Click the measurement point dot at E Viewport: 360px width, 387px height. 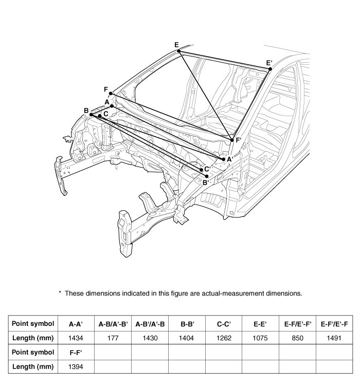pyautogui.click(x=179, y=51)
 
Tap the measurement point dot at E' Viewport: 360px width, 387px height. pyautogui.click(x=270, y=69)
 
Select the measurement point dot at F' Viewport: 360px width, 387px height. pyautogui.click(x=232, y=140)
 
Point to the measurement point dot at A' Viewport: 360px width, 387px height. pyautogui.click(x=223, y=159)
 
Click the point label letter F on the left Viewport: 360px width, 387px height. pyautogui.click(x=105, y=89)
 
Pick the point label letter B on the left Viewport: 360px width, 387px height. pyautogui.click(x=86, y=110)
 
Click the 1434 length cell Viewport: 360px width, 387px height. pyautogui.click(x=76, y=338)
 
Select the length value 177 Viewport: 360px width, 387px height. pyautogui.click(x=113, y=338)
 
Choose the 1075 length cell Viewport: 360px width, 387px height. pyautogui.click(x=261, y=338)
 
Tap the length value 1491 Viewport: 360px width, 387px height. pyautogui.click(x=334, y=338)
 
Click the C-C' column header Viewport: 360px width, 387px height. pyautogui.click(x=224, y=324)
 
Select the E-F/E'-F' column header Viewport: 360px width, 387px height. pyautogui.click(x=298, y=324)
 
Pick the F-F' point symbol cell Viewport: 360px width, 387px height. pyautogui.click(x=76, y=353)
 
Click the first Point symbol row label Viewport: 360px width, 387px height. pyautogui.click(x=32, y=324)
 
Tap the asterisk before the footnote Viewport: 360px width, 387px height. pyautogui.click(x=60, y=293)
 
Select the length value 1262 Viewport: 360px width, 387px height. pyautogui.click(x=224, y=338)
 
